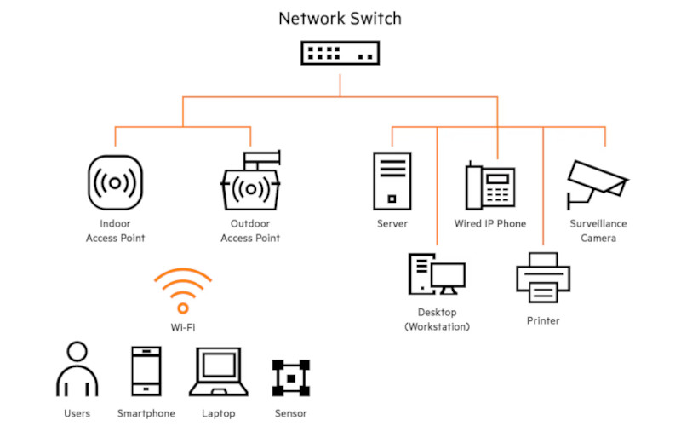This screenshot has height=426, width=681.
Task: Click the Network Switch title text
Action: click(340, 18)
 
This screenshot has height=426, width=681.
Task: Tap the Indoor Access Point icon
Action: click(116, 182)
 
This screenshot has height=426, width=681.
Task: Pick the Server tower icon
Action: click(392, 181)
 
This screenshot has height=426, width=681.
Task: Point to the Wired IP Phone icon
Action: click(490, 184)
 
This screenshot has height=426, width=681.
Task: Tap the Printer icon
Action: click(543, 278)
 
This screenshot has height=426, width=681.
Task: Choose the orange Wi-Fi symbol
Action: click(182, 292)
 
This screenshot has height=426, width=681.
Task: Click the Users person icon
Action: click(77, 370)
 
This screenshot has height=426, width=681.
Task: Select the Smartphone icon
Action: click(146, 371)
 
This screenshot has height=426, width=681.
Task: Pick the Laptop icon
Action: click(218, 372)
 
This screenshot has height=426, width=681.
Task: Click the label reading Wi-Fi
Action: click(182, 326)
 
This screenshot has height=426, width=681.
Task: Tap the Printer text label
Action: click(543, 320)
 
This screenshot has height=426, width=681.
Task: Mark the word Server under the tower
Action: click(392, 224)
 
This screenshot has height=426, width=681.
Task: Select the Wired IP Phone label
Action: click(490, 224)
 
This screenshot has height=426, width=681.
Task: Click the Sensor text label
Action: click(290, 413)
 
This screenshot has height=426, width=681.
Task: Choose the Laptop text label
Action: click(219, 413)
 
